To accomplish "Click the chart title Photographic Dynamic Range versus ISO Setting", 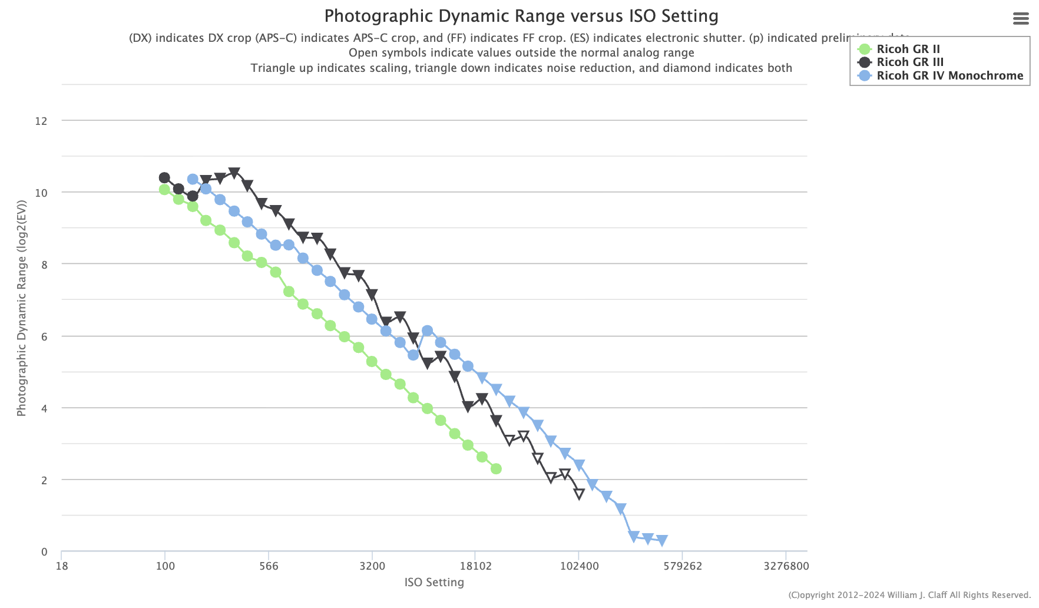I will point(521,16).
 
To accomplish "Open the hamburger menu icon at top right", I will point(1021,19).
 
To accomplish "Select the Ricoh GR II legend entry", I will point(908,49).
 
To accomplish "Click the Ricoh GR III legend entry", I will point(910,62).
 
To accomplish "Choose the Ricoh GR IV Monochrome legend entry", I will point(949,75).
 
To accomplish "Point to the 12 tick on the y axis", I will point(41,121).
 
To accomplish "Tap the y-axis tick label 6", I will point(44,336).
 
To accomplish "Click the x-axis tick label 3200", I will point(372,566).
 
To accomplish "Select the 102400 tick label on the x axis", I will point(579,566).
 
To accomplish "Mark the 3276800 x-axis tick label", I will point(786,566).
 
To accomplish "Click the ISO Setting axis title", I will point(434,583).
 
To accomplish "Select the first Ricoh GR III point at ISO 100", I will point(164,178).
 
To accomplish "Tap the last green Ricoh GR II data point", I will point(496,469).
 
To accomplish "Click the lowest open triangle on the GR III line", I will point(579,494).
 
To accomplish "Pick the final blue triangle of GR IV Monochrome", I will point(661,540).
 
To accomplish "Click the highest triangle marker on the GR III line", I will point(234,173).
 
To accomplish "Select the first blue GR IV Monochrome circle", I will point(193,179).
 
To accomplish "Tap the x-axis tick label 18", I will point(61,566).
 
